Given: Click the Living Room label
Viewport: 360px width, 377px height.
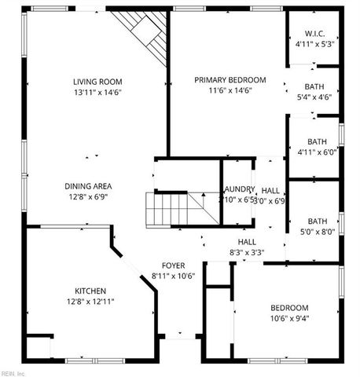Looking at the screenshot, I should [x=97, y=81].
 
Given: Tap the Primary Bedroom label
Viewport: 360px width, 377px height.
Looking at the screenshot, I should [x=230, y=79].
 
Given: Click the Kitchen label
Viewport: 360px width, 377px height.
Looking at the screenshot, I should [x=90, y=291].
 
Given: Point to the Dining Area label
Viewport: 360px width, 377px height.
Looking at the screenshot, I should [x=88, y=186].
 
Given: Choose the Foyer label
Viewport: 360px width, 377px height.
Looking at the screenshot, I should [x=173, y=265].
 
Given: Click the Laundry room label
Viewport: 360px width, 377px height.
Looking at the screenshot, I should [x=238, y=189].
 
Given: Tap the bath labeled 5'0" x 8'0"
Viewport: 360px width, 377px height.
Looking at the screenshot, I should [x=318, y=221].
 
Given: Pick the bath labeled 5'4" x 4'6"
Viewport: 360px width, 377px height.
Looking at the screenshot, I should [x=314, y=86].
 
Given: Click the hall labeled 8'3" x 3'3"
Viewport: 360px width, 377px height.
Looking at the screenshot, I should [x=246, y=241].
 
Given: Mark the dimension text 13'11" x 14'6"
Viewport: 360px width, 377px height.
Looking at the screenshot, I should [x=97, y=92].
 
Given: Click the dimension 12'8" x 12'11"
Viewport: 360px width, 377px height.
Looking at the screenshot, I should [x=90, y=302].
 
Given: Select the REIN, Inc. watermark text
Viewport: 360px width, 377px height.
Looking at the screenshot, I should [x=13, y=372].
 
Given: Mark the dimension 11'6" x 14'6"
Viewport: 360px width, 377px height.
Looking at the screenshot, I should [x=230, y=90].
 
